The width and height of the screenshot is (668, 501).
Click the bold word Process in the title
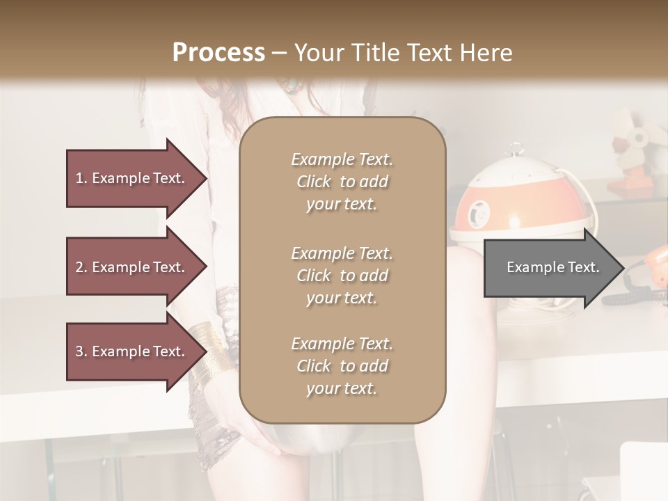click(x=218, y=53)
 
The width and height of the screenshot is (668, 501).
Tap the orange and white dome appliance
click(x=501, y=202)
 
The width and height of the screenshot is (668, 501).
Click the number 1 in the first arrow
click(x=79, y=179)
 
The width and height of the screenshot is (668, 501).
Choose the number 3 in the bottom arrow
click(x=79, y=352)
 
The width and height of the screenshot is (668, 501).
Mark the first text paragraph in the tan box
click(x=342, y=182)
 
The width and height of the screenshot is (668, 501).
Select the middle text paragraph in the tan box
click(x=342, y=276)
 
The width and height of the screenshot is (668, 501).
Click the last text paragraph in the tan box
click(x=342, y=366)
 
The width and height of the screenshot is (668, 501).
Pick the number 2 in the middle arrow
click(x=79, y=268)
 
